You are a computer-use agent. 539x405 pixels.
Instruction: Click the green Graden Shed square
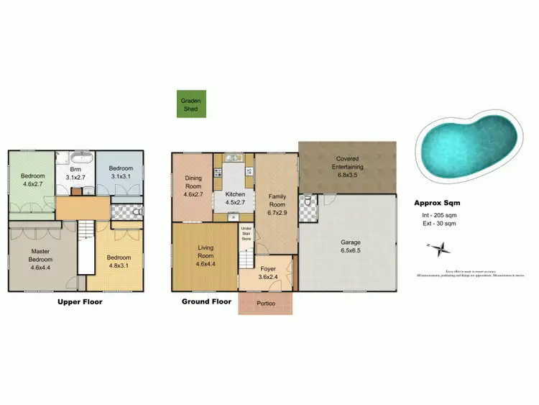(190, 104)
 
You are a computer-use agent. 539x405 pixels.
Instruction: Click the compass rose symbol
(442, 249)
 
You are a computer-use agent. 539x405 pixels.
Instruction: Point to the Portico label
(266, 303)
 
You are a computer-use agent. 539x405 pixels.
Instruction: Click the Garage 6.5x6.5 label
(351, 247)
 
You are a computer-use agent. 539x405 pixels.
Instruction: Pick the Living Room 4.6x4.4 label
(206, 255)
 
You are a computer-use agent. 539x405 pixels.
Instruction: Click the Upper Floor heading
(80, 302)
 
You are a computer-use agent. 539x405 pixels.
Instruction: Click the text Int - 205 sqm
(439, 216)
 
